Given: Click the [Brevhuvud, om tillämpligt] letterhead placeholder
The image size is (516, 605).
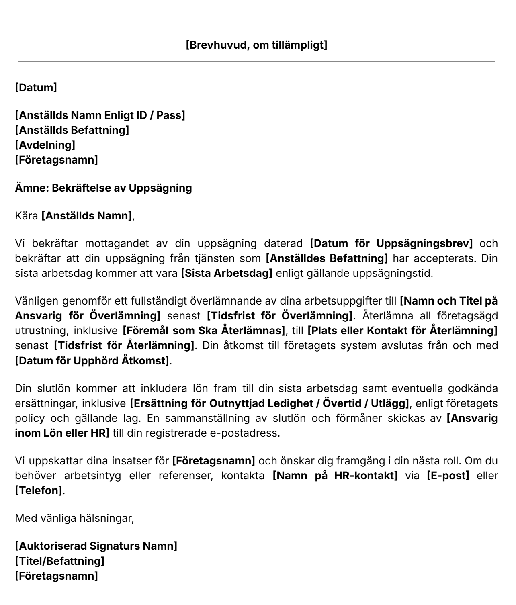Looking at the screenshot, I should [x=256, y=45].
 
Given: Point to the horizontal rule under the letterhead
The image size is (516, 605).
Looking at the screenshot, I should [x=256, y=62].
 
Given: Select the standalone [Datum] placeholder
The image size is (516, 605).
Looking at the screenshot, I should [x=36, y=87].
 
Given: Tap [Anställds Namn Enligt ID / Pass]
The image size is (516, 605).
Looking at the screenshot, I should [x=100, y=115].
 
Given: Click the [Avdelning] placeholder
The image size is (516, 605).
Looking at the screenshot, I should [x=45, y=145].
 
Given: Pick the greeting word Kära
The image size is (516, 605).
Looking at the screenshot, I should [x=26, y=216].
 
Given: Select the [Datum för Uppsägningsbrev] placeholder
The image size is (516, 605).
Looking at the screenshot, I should [x=391, y=243].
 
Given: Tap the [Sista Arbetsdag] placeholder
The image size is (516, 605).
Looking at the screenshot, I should [x=227, y=273].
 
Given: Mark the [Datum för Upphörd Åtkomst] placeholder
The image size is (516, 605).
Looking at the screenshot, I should [x=92, y=360].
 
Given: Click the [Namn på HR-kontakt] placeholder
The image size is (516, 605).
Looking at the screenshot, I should [x=335, y=476].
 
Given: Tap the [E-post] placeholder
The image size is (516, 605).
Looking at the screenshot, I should [x=448, y=476].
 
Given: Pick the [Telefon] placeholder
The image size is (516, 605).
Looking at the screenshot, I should [x=39, y=491].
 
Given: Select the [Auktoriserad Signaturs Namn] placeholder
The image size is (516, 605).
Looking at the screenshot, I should [x=96, y=546].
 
